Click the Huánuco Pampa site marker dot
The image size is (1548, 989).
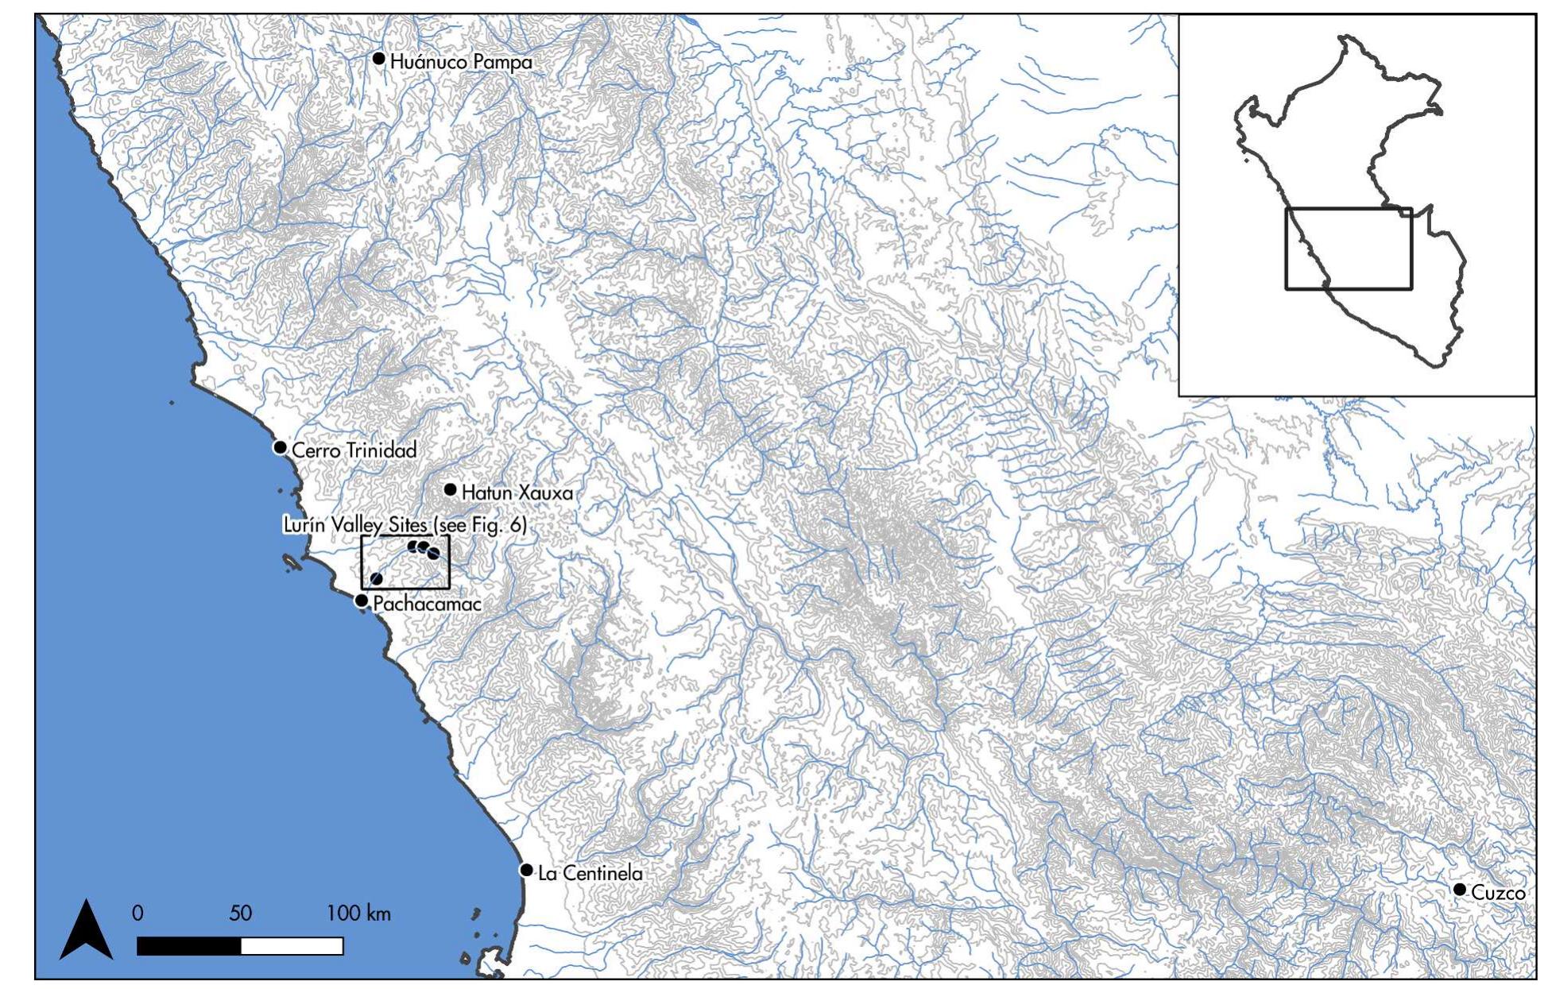[x=379, y=59]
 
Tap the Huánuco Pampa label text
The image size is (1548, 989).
[x=461, y=62]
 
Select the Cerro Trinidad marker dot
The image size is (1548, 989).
[x=280, y=447]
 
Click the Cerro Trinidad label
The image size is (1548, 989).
[x=354, y=450]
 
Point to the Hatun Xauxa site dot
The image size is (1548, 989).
[x=450, y=489]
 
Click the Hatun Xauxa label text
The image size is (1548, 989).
[x=517, y=493]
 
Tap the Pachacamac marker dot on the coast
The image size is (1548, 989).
[x=362, y=601]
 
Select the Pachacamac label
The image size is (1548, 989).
[x=427, y=605]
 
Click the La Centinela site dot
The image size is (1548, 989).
[x=526, y=870]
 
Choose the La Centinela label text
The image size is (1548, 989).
[x=590, y=874]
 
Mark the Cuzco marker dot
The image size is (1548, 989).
[x=1459, y=889]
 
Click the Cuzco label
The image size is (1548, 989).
[x=1498, y=893]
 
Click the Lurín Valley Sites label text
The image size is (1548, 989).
[x=404, y=526]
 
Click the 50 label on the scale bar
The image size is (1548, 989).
[x=240, y=914]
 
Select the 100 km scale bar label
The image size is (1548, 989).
[x=358, y=914]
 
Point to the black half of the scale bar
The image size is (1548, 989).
[x=188, y=946]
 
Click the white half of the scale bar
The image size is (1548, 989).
[x=292, y=946]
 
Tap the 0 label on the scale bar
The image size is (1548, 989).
[x=137, y=914]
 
